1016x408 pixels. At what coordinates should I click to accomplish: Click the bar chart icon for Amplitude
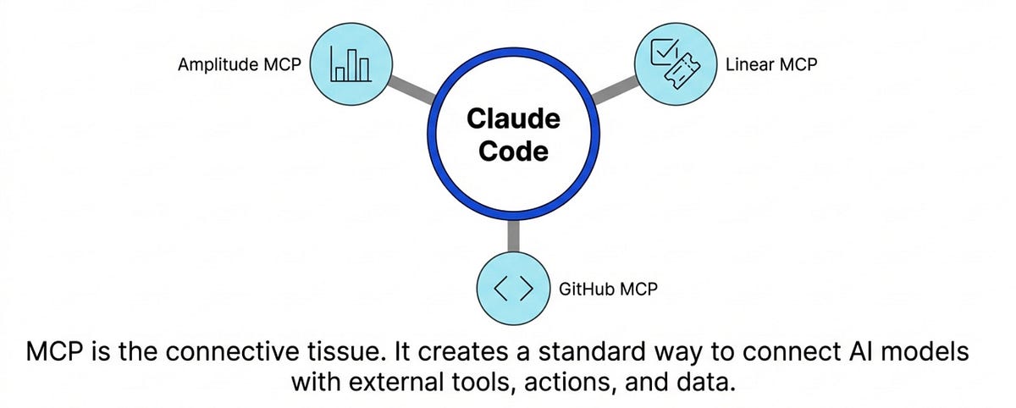tap(351, 64)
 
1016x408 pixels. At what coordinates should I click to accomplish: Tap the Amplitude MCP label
tap(240, 65)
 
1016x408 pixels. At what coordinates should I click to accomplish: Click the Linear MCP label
tap(772, 63)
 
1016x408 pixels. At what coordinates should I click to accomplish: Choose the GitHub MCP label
tap(608, 289)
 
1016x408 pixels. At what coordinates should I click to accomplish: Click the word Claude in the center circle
tap(513, 119)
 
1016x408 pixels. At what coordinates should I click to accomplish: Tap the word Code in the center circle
tap(513, 152)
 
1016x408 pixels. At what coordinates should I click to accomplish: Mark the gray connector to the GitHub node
tap(512, 239)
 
